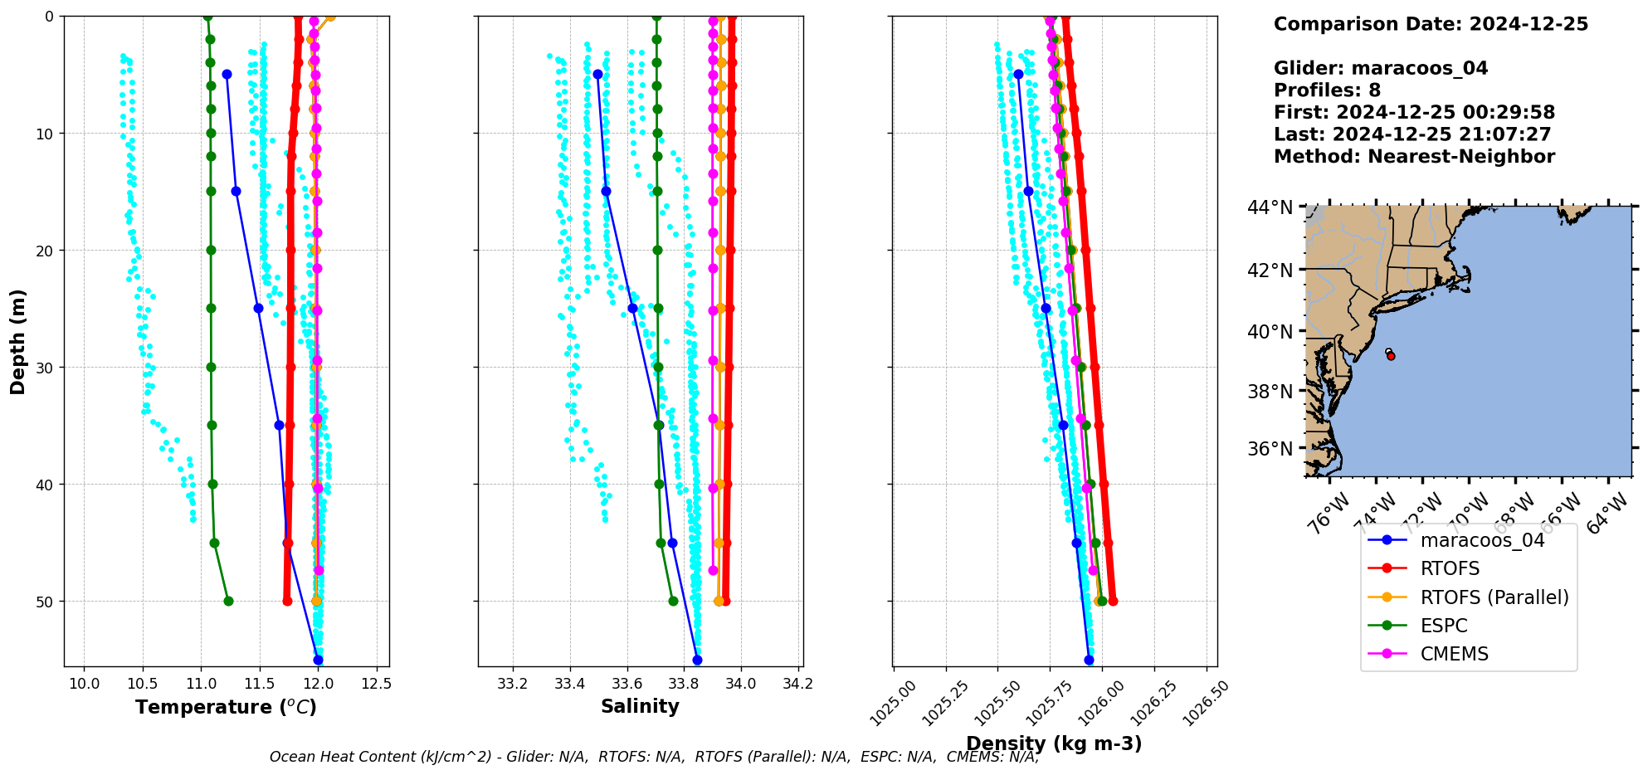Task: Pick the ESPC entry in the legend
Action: pyautogui.click(x=1443, y=626)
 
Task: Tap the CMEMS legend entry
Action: pyautogui.click(x=1454, y=654)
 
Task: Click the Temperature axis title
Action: pyautogui.click(x=226, y=707)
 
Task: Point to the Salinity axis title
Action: pyautogui.click(x=640, y=706)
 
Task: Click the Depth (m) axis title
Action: pyautogui.click(x=18, y=341)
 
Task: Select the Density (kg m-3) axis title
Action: pyautogui.click(x=1054, y=743)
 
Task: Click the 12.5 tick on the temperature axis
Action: pyautogui.click(x=377, y=684)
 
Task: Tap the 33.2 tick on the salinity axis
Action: pyautogui.click(x=512, y=684)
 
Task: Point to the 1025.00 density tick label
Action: pyautogui.click(x=893, y=702)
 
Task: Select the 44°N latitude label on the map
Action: pyautogui.click(x=1270, y=207)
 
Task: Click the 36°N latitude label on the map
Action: pyautogui.click(x=1270, y=449)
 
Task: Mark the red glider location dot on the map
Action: pyautogui.click(x=1391, y=356)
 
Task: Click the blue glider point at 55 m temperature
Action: pyautogui.click(x=318, y=660)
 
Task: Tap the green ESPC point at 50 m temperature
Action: pyautogui.click(x=228, y=601)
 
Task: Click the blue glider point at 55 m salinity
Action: pyautogui.click(x=697, y=660)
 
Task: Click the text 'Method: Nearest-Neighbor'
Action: pyautogui.click(x=1414, y=157)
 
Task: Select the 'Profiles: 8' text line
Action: pyautogui.click(x=1327, y=90)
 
